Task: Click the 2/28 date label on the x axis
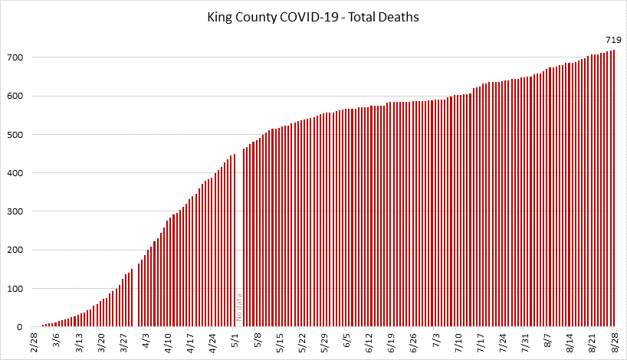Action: pyautogui.click(x=34, y=342)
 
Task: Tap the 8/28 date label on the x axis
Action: pyautogui.click(x=613, y=342)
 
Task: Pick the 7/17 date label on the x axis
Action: pyautogui.click(x=480, y=342)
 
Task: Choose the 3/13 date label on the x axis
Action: pyautogui.click(x=79, y=342)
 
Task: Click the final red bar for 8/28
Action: pyautogui.click(x=614, y=191)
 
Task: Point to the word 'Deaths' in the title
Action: pyautogui.click(x=400, y=17)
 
